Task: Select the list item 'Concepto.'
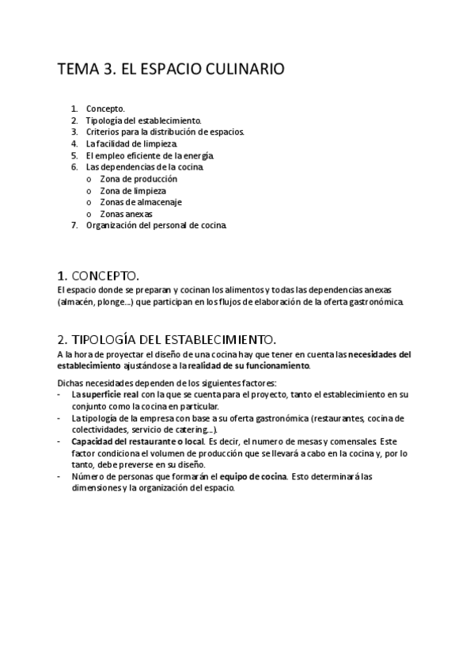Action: click(x=105, y=108)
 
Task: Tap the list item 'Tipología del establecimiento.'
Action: click(x=138, y=120)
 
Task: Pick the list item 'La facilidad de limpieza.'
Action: click(x=131, y=143)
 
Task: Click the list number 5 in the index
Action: click(x=74, y=155)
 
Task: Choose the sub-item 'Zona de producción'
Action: click(x=133, y=179)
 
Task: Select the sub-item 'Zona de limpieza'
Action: click(x=127, y=191)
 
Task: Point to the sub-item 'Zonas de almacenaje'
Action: click(x=135, y=202)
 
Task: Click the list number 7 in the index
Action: click(x=74, y=225)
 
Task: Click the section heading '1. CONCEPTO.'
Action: click(x=97, y=276)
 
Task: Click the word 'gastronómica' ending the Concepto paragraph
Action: click(x=377, y=302)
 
